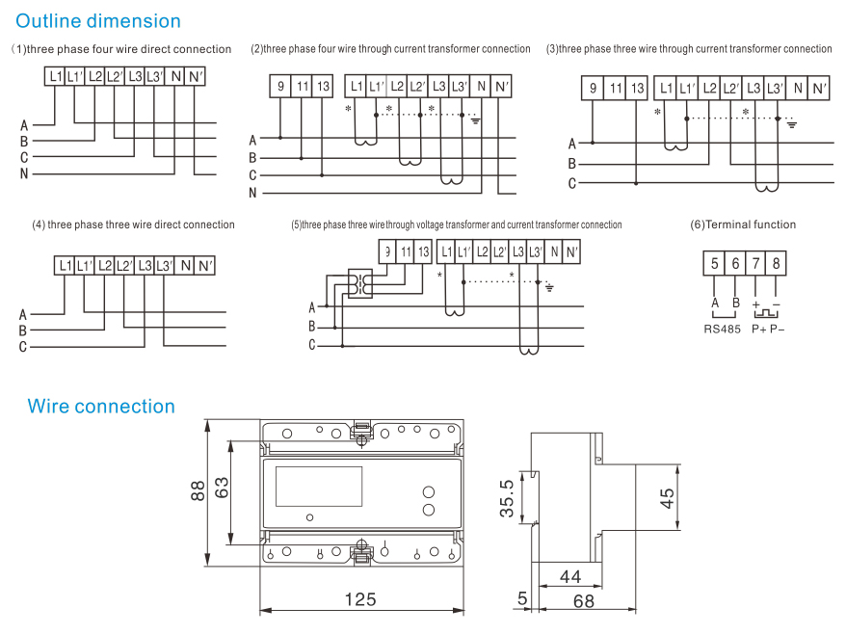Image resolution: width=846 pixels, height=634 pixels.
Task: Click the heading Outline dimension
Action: tap(98, 20)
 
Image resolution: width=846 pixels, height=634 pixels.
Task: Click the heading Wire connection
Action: tap(101, 406)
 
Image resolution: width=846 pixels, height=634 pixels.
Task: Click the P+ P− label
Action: tap(768, 329)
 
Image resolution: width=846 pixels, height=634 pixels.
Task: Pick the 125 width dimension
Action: tap(360, 599)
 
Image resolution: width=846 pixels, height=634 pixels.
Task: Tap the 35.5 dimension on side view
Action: tap(507, 498)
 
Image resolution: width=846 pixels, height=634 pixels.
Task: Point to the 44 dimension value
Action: tap(570, 576)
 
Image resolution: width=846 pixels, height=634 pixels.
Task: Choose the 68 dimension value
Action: tap(583, 601)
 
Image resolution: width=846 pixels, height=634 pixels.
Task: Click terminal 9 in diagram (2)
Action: tap(280, 87)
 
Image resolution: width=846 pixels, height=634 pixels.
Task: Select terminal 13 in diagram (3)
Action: tap(637, 90)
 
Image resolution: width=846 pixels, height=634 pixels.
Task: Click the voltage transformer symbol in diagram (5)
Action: tap(360, 284)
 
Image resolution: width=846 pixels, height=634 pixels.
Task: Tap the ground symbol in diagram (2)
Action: tap(474, 120)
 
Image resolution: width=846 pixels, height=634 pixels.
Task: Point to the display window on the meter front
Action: tap(319, 487)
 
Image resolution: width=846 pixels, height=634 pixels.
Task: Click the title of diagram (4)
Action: tap(133, 225)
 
